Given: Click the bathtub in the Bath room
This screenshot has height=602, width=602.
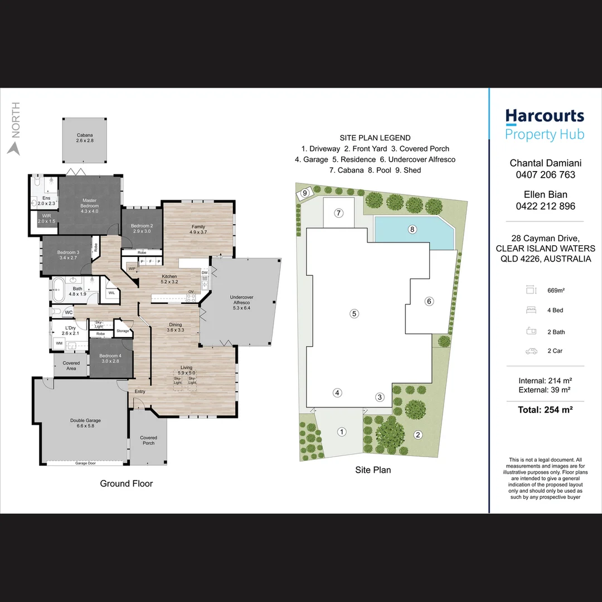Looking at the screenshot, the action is click(x=59, y=290).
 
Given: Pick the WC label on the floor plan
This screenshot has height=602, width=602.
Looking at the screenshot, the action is click(x=69, y=313).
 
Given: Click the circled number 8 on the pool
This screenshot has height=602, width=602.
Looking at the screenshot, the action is click(x=412, y=230).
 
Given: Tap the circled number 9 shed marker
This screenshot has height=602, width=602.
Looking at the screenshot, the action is click(x=305, y=193).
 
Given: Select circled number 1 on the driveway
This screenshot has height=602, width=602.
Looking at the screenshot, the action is click(x=342, y=432).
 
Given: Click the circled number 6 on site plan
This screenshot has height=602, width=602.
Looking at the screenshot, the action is click(x=429, y=302).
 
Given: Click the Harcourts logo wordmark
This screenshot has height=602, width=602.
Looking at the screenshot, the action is click(x=545, y=116).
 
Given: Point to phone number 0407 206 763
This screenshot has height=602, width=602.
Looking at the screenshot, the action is click(x=546, y=174).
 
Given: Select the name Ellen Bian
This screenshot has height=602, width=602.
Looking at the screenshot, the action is click(x=546, y=195).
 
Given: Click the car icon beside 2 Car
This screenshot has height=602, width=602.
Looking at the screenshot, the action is click(x=531, y=351).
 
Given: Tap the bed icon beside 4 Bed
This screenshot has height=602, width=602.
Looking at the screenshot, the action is click(x=531, y=310).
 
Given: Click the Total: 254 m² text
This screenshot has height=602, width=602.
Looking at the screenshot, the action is click(x=545, y=410).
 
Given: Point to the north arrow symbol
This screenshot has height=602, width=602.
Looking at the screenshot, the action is click(x=14, y=148).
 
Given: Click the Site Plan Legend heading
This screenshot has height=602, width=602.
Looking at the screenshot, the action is click(x=375, y=138).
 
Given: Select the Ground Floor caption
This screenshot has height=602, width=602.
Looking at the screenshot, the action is click(x=127, y=484).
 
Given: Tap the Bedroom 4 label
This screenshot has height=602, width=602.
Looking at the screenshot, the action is click(x=110, y=358).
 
